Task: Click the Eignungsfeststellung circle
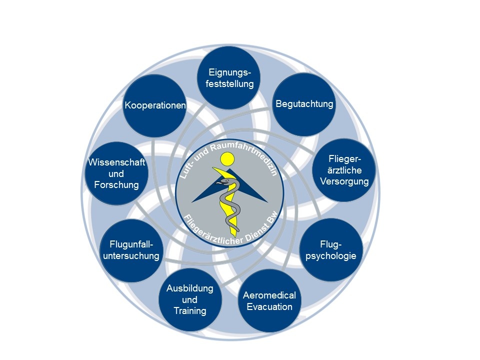click(x=230, y=78)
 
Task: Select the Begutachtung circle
click(x=304, y=104)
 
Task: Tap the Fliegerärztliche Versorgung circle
click(x=344, y=170)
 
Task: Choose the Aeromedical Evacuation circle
click(x=269, y=300)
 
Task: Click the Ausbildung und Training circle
click(x=190, y=300)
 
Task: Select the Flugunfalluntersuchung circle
click(x=130, y=250)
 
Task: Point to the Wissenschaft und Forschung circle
click(x=116, y=173)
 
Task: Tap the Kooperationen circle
click(x=155, y=105)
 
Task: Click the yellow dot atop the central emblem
click(x=228, y=159)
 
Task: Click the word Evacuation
click(x=269, y=306)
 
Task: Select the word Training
click(x=190, y=311)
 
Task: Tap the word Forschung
click(x=116, y=185)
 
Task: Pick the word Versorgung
click(x=344, y=181)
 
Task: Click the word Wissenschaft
click(x=116, y=162)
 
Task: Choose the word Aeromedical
click(x=269, y=295)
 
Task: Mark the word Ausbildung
click(x=190, y=289)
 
